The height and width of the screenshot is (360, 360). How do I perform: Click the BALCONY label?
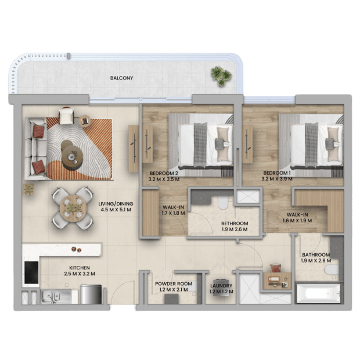click(121, 78)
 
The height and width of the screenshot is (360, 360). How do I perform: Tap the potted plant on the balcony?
click(221, 76)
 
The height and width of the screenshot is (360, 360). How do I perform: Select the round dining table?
click(73, 208)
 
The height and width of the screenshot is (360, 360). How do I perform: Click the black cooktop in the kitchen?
click(31, 273)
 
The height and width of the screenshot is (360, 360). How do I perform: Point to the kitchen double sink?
click(51, 296)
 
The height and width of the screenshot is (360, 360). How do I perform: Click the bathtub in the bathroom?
click(319, 293)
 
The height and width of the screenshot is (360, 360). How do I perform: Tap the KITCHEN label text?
click(80, 268)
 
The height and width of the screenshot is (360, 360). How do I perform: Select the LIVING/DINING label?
click(116, 204)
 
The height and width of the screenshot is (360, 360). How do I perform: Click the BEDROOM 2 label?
click(164, 173)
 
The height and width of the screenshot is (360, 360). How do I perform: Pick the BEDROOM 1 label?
click(277, 173)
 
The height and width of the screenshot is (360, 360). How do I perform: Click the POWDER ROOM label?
click(174, 284)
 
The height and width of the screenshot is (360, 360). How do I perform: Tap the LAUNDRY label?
click(221, 286)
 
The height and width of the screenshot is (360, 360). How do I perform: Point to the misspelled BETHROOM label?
click(235, 223)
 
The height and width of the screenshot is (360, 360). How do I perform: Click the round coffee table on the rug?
click(72, 156)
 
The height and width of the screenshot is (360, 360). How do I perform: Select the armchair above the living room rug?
click(66, 116)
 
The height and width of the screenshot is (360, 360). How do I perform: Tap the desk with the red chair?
click(277, 280)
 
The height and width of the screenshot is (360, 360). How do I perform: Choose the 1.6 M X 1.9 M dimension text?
click(297, 221)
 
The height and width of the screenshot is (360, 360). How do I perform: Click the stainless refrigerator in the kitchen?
click(91, 294)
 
